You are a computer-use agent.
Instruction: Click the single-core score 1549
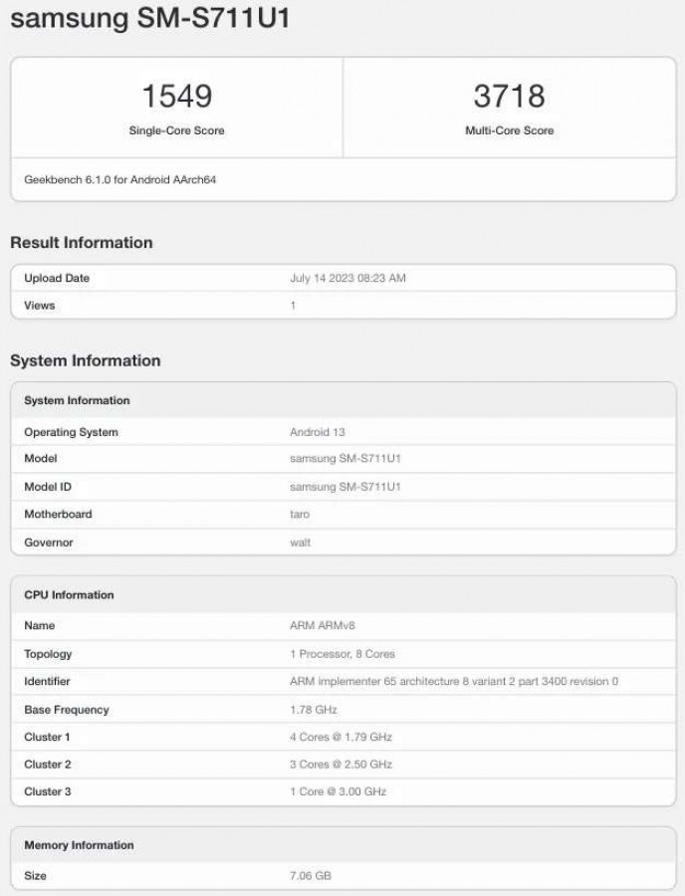[176, 96]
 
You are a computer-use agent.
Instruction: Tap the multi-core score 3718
[509, 96]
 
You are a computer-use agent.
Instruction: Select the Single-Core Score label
[176, 130]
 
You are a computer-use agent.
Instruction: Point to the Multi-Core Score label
[509, 130]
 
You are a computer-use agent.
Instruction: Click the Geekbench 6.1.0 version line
[119, 180]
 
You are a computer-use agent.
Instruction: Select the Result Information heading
[82, 243]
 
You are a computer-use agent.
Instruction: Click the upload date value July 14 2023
[347, 279]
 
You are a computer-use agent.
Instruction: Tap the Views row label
[40, 306]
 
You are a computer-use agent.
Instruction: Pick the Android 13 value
[317, 432]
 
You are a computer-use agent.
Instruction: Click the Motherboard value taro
[300, 515]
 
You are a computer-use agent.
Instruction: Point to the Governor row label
[49, 543]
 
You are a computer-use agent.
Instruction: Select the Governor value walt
[301, 543]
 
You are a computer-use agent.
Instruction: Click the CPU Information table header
[69, 595]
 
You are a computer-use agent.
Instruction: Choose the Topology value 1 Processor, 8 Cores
[342, 654]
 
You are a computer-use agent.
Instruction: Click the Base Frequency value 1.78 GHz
[314, 710]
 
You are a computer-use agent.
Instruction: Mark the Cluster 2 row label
[48, 765]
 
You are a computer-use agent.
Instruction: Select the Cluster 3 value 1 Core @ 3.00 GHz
[338, 791]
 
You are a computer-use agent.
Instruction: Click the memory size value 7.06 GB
[311, 876]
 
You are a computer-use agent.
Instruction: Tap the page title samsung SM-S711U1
[150, 19]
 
